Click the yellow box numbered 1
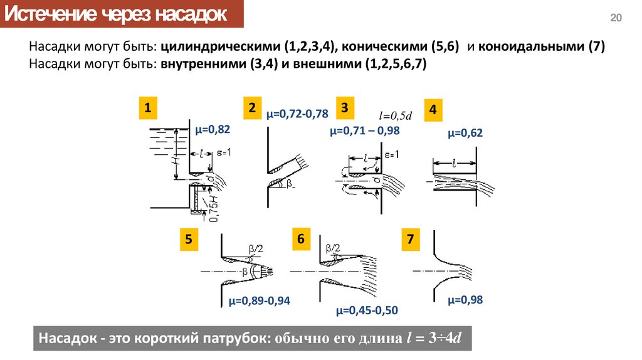point(148,108)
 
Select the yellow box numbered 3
point(345,107)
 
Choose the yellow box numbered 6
point(301,239)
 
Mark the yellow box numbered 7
point(411,239)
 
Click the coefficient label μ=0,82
point(213,130)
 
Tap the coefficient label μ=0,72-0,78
point(297,114)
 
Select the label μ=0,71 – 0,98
point(364,131)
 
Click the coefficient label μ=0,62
point(465,133)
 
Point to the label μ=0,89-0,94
point(258,300)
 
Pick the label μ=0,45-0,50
point(367,310)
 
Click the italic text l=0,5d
point(394,116)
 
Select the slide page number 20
point(616,18)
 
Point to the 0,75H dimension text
point(214,208)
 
